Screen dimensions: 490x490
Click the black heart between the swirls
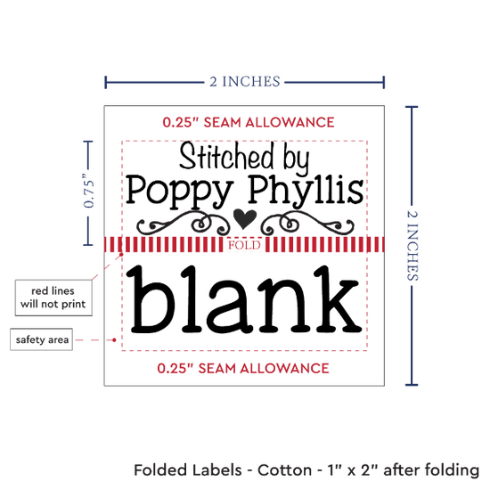coord(245,218)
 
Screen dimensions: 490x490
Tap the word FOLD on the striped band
coord(244,245)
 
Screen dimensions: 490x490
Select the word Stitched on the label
coord(226,155)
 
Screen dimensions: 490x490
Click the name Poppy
coord(180,191)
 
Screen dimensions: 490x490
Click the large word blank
coord(245,299)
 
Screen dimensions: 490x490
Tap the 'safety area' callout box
coord(42,339)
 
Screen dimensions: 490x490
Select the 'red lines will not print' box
coord(53,298)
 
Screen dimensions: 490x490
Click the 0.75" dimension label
coord(89,191)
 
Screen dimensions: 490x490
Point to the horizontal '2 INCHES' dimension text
coord(245,82)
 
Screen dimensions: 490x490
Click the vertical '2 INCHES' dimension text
coord(412,246)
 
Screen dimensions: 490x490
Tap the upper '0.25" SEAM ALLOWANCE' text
coord(249,122)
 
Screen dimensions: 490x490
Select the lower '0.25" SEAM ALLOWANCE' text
coord(243,369)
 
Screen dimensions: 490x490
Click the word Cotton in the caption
coord(284,470)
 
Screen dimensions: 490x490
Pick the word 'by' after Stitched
coord(296,159)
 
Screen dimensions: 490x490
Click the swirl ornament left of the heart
coord(184,223)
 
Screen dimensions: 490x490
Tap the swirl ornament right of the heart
coord(307,223)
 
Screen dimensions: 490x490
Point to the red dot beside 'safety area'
coord(114,339)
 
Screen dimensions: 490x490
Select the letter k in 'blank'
coord(338,299)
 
